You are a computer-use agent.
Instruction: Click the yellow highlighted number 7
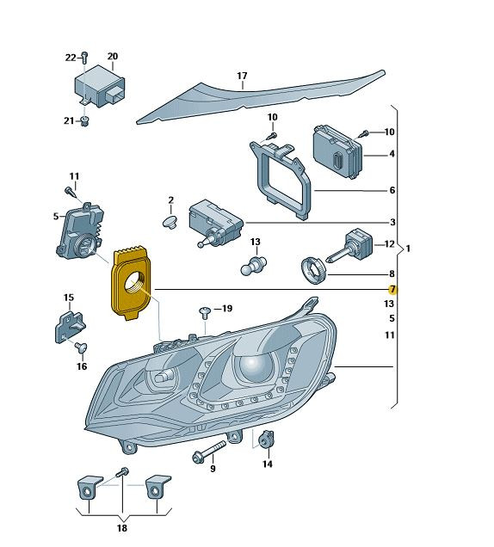click(x=392, y=289)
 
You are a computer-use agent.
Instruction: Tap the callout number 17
click(x=242, y=76)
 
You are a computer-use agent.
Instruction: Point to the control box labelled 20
click(x=100, y=86)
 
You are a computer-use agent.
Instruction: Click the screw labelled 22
click(x=84, y=58)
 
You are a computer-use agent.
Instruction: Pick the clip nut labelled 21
click(x=84, y=122)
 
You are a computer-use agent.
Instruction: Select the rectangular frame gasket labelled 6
click(x=281, y=180)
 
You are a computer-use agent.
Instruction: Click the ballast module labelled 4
click(x=337, y=151)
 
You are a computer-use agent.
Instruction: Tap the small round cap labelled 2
click(x=170, y=222)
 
